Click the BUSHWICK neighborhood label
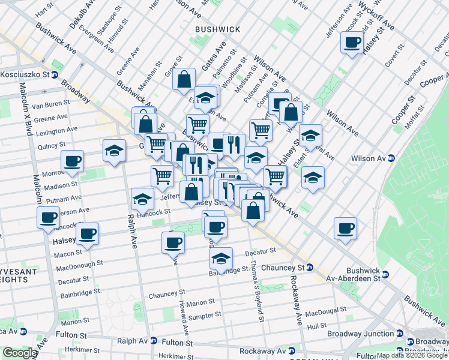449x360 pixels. pyautogui.click(x=217, y=29)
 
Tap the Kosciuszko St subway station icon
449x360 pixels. pyautogui.click(x=55, y=75)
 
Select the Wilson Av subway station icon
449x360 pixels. pyautogui.click(x=391, y=158)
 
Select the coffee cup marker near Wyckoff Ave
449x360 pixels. pyautogui.click(x=352, y=42)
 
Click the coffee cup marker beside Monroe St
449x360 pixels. pyautogui.click(x=72, y=161)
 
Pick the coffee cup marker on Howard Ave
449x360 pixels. pyautogui.click(x=173, y=242)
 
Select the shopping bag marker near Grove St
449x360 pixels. pyautogui.click(x=184, y=79)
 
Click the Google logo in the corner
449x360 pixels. pyautogui.click(x=19, y=353)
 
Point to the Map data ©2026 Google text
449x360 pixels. pyautogui.click(x=412, y=356)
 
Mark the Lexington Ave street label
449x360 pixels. pyautogui.click(x=56, y=130)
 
